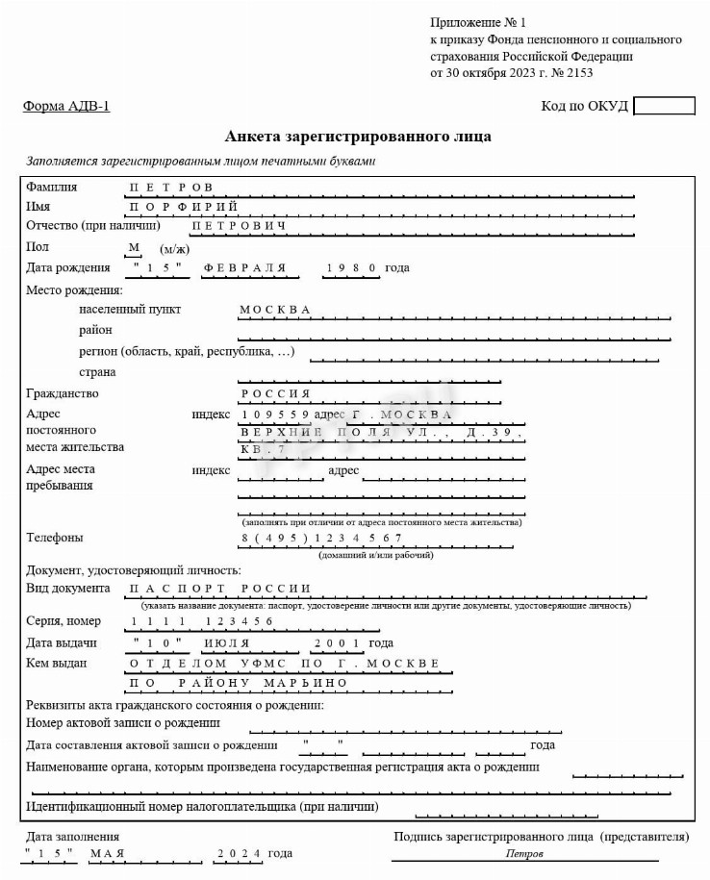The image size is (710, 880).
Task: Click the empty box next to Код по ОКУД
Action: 664,106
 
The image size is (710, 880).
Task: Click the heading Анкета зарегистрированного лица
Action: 358,137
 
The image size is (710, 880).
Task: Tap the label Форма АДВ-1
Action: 66,106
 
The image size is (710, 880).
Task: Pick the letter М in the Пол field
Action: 135,247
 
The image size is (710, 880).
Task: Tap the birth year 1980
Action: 351,267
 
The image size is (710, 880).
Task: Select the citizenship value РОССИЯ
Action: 275,393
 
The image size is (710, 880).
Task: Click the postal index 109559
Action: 275,415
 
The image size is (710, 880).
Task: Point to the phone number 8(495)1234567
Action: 321,538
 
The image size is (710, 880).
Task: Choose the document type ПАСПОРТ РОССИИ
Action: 219,589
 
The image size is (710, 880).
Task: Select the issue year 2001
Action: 337,643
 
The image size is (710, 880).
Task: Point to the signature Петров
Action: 524,854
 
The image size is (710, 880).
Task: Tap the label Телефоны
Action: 55,538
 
